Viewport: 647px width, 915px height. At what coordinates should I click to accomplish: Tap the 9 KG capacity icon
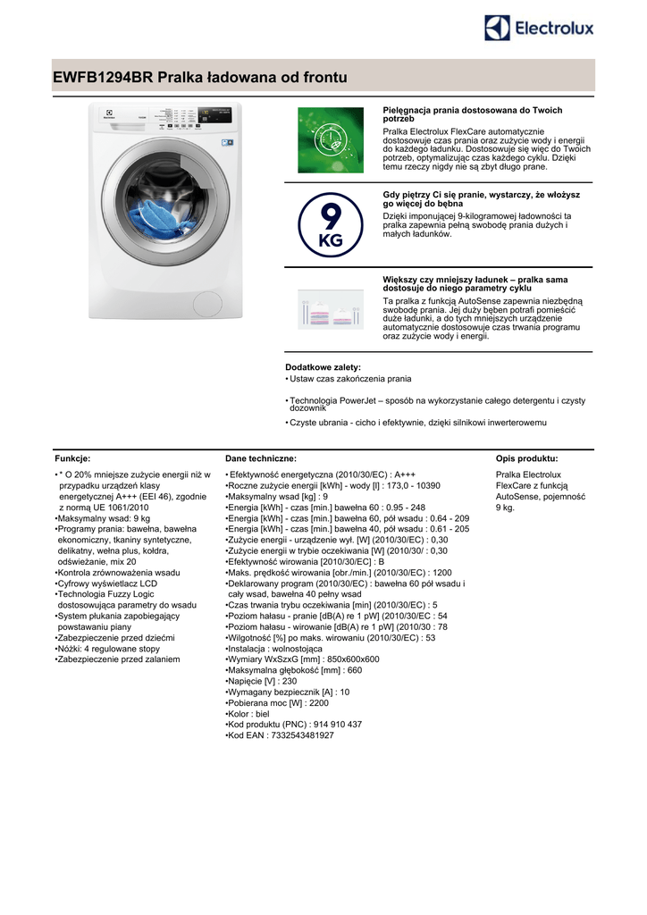[x=330, y=224]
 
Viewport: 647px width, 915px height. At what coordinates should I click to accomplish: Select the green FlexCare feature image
[x=330, y=141]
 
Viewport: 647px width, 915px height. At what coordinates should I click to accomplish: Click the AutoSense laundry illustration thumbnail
[x=330, y=308]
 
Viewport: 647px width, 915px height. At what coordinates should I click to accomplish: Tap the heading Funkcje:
[x=72, y=457]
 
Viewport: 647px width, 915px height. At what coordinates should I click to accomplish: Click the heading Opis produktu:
[x=526, y=457]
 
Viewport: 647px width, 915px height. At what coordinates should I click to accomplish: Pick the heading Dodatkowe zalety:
[x=323, y=367]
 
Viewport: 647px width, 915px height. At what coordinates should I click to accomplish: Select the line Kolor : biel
[x=249, y=713]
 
